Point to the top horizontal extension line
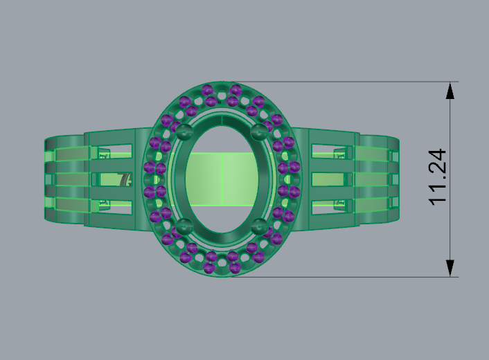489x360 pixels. point(346,82)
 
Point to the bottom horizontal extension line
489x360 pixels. point(346,277)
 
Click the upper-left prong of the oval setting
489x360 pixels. point(184,132)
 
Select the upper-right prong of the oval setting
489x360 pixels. point(260,132)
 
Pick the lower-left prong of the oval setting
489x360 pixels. point(184,225)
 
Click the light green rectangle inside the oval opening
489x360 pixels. point(222,179)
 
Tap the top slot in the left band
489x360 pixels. point(115,155)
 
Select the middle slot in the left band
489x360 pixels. point(115,179)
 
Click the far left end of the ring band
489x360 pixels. point(47,179)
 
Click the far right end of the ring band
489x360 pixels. point(396,179)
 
